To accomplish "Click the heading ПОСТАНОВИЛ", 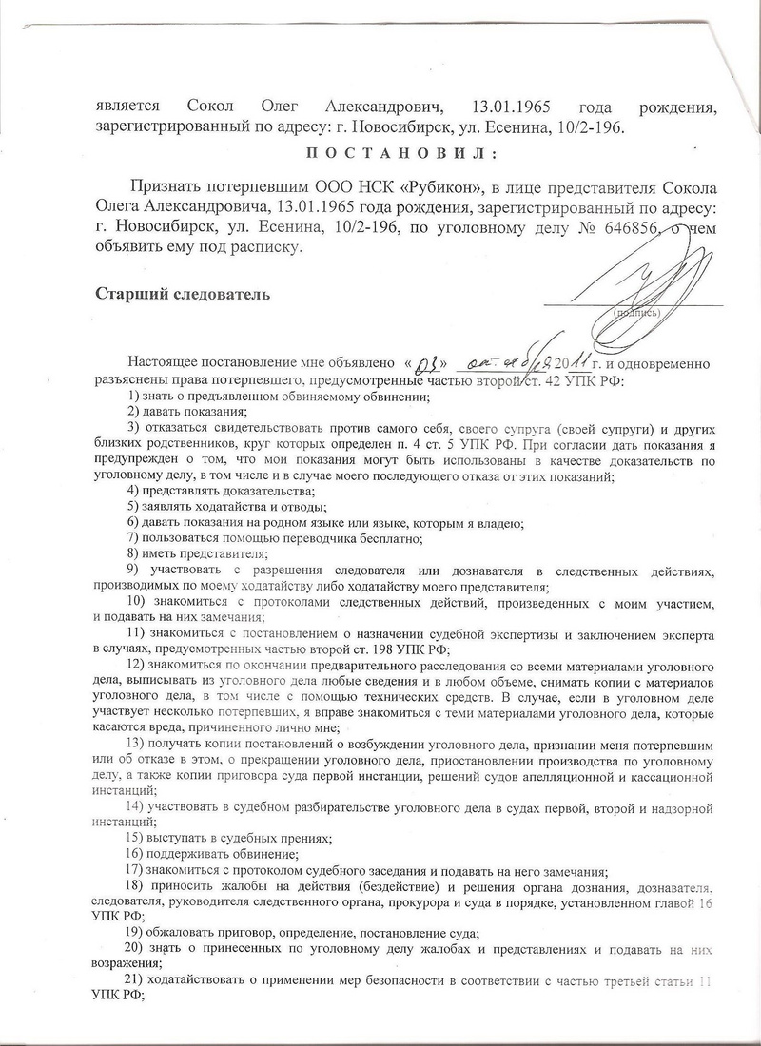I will [378, 156].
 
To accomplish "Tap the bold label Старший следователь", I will [182, 294].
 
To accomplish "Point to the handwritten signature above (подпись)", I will [629, 277].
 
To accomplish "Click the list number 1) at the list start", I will [133, 395].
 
